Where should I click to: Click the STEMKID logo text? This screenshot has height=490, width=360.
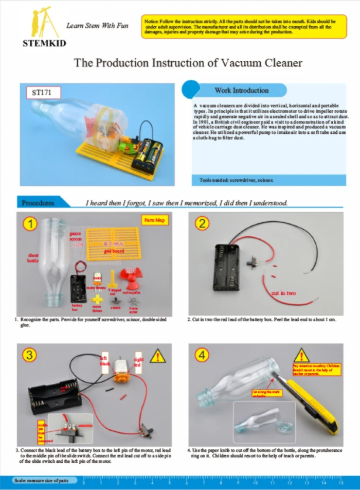pyautogui.click(x=44, y=43)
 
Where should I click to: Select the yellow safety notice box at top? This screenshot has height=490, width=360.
pyautogui.click(x=244, y=26)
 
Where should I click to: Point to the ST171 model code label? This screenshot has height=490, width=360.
pyautogui.click(x=43, y=93)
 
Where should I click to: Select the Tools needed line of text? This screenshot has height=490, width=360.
pyautogui.click(x=237, y=180)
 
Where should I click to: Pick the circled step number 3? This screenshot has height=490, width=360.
pyautogui.click(x=31, y=354)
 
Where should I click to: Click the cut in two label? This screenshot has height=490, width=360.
pyautogui.click(x=284, y=293)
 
